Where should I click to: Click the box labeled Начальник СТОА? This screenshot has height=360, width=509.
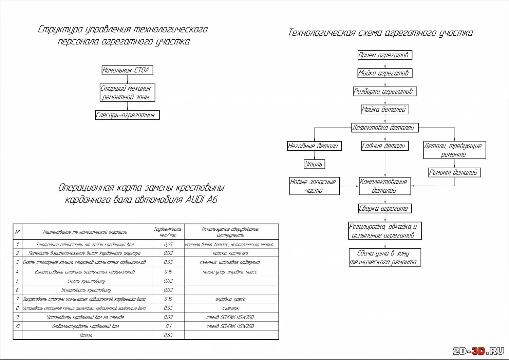pyautogui.click(x=127, y=70)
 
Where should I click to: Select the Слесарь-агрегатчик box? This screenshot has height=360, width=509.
pyautogui.click(x=127, y=115)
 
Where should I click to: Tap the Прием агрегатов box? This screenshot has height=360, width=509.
pyautogui.click(x=385, y=55)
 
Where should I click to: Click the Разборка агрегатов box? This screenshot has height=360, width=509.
pyautogui.click(x=385, y=91)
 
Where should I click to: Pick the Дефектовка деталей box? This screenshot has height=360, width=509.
pyautogui.click(x=385, y=128)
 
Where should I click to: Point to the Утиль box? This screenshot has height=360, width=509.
pyautogui.click(x=314, y=164)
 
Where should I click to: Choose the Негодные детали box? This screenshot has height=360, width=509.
pyautogui.click(x=314, y=146)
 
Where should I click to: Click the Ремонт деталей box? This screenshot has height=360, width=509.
pyautogui.click(x=454, y=172)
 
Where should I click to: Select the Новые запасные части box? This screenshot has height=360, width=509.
pyautogui.click(x=314, y=186)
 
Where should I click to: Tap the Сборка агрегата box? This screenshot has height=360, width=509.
pyautogui.click(x=385, y=208)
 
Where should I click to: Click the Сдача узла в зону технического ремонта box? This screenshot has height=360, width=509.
pyautogui.click(x=385, y=258)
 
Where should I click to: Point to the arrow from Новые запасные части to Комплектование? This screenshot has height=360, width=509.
pyautogui.click(x=349, y=186)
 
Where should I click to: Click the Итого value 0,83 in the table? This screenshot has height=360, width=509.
pyautogui.click(x=168, y=335)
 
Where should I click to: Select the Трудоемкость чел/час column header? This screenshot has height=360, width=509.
pyautogui.click(x=168, y=232)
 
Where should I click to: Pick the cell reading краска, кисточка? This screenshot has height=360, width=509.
pyautogui.click(x=231, y=253)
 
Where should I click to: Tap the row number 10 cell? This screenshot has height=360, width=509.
pyautogui.click(x=17, y=326)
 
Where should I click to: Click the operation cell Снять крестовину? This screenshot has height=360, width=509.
pyautogui.click(x=87, y=281)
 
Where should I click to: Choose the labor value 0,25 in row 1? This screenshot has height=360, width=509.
pyautogui.click(x=168, y=244)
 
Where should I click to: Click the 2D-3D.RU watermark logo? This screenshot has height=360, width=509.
pyautogui.click(x=478, y=351)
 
